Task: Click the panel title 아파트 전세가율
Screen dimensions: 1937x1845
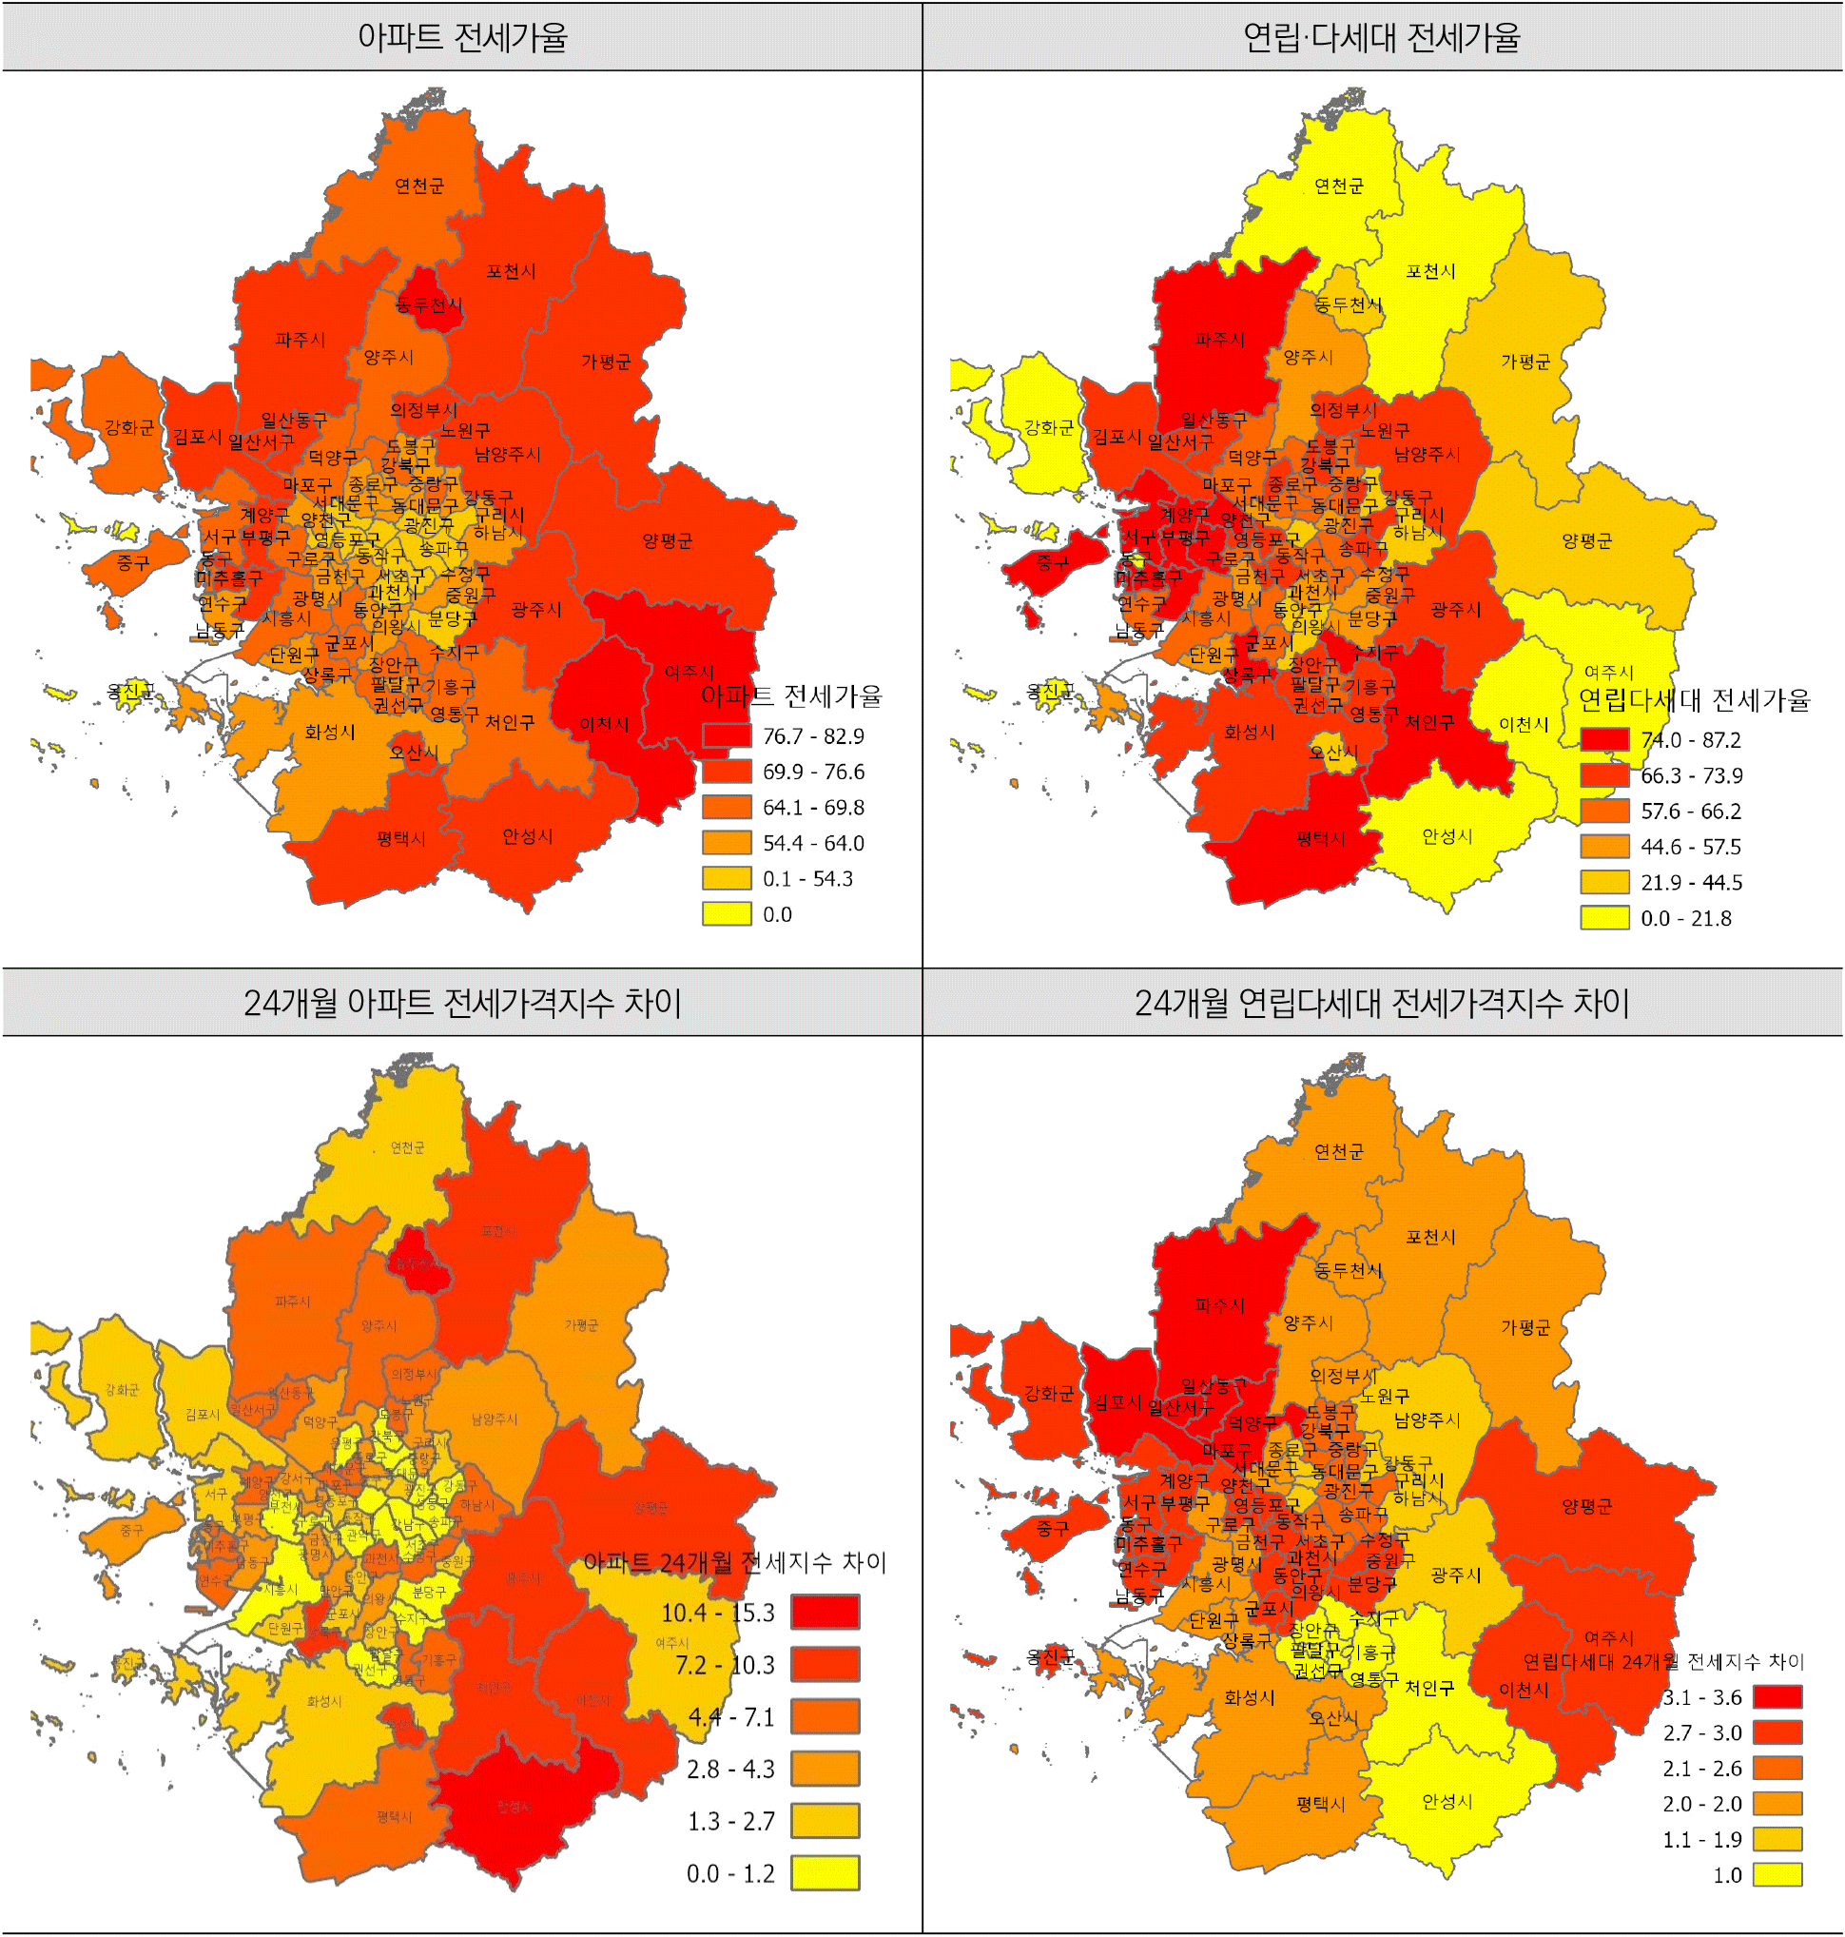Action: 461,37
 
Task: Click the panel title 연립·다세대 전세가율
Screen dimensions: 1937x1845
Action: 1381,37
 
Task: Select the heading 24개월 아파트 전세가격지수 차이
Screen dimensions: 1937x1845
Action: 461,1003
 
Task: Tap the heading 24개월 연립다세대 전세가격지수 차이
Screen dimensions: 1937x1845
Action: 1381,1003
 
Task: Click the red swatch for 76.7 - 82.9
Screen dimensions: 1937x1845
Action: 727,735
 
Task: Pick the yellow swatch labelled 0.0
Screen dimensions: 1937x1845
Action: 727,914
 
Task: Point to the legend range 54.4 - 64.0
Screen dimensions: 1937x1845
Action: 813,843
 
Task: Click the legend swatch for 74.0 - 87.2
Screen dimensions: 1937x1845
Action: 1604,740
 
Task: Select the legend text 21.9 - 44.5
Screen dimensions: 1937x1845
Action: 1691,883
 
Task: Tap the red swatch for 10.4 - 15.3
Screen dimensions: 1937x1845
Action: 825,1613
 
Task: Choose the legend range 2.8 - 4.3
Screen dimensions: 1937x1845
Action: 730,1769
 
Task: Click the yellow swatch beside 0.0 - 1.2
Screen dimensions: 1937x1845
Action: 825,1873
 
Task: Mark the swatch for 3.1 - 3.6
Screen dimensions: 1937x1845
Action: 1777,1697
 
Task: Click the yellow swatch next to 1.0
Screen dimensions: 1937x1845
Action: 1777,1875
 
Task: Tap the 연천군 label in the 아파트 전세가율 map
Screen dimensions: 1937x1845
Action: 419,186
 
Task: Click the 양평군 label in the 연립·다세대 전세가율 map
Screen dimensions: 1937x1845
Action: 1586,540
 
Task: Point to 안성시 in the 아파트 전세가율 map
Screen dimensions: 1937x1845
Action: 527,836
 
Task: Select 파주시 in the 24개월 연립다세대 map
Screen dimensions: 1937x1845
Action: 1219,1305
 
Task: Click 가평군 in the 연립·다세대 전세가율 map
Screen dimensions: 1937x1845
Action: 1525,362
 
